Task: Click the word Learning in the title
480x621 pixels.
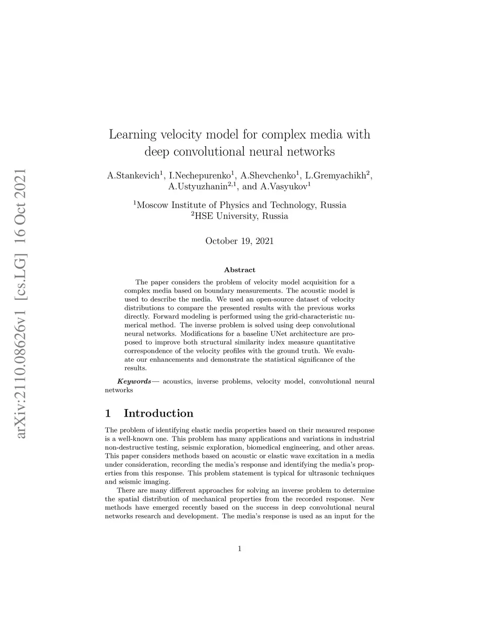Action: point(132,135)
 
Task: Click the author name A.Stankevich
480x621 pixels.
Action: point(133,176)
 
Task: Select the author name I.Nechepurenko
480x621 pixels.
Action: point(200,176)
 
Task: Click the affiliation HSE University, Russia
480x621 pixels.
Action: point(241,216)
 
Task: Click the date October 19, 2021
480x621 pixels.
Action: point(240,241)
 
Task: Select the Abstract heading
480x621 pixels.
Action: point(240,270)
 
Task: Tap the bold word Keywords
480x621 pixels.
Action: point(134,382)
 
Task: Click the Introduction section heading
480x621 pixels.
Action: point(158,413)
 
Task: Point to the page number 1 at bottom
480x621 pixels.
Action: point(240,549)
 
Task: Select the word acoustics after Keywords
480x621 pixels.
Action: point(177,382)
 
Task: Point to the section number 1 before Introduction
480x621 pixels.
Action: point(108,413)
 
